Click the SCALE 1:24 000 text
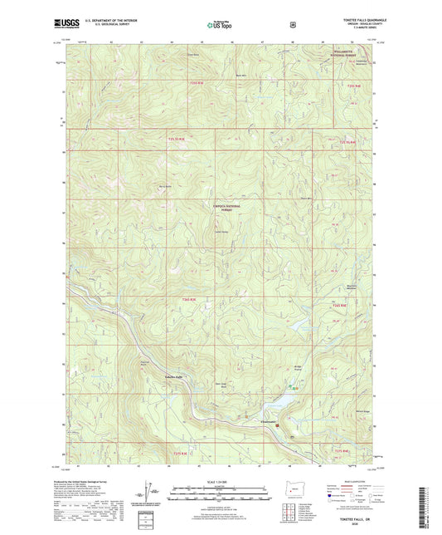[x=219, y=483]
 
